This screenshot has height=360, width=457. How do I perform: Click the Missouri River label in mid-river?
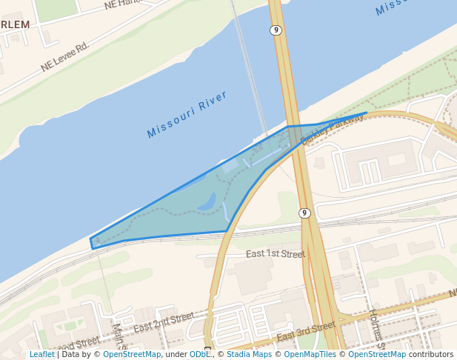pyautogui.click(x=186, y=114)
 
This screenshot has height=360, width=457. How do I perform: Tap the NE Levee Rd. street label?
pyautogui.click(x=64, y=56)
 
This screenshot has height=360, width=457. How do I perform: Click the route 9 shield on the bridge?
pyautogui.click(x=275, y=30)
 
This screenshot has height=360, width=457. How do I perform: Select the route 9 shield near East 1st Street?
pyautogui.click(x=304, y=213)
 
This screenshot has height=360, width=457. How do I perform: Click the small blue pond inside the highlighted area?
pyautogui.click(x=208, y=201)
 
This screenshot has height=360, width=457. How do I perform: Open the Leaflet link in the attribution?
pyautogui.click(x=42, y=355)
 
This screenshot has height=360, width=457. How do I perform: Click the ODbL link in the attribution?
pyautogui.click(x=200, y=355)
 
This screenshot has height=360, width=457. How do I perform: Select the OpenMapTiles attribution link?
pyautogui.click(x=309, y=355)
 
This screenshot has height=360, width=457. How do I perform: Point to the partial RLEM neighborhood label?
pyautogui.click(x=15, y=24)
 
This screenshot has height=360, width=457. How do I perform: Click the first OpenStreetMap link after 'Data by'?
pyautogui.click(x=132, y=355)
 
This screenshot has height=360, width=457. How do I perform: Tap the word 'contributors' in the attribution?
pyautogui.click(x=431, y=355)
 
